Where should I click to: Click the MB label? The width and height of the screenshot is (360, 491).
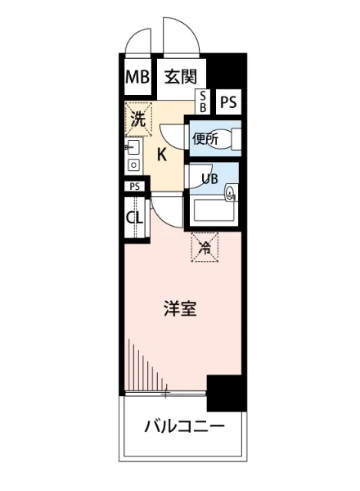(x=135, y=78)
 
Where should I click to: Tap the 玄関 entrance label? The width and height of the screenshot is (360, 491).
(x=179, y=78)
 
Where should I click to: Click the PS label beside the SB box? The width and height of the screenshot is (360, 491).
(x=229, y=102)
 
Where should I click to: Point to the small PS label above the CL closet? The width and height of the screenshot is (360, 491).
(x=135, y=186)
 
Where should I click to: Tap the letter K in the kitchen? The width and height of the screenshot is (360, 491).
(x=162, y=154)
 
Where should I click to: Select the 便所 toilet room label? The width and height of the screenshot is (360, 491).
(x=205, y=139)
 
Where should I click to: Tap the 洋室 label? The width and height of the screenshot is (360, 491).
(x=179, y=310)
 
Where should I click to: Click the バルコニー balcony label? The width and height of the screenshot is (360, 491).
(x=183, y=426)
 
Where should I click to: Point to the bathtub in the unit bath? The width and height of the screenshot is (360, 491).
(x=214, y=214)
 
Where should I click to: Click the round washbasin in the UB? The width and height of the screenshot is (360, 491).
(x=231, y=193)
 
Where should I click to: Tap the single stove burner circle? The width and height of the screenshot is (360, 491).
(x=133, y=165)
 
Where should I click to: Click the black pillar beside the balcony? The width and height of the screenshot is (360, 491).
(x=226, y=393)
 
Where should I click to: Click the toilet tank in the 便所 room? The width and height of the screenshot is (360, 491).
(x=238, y=139)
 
